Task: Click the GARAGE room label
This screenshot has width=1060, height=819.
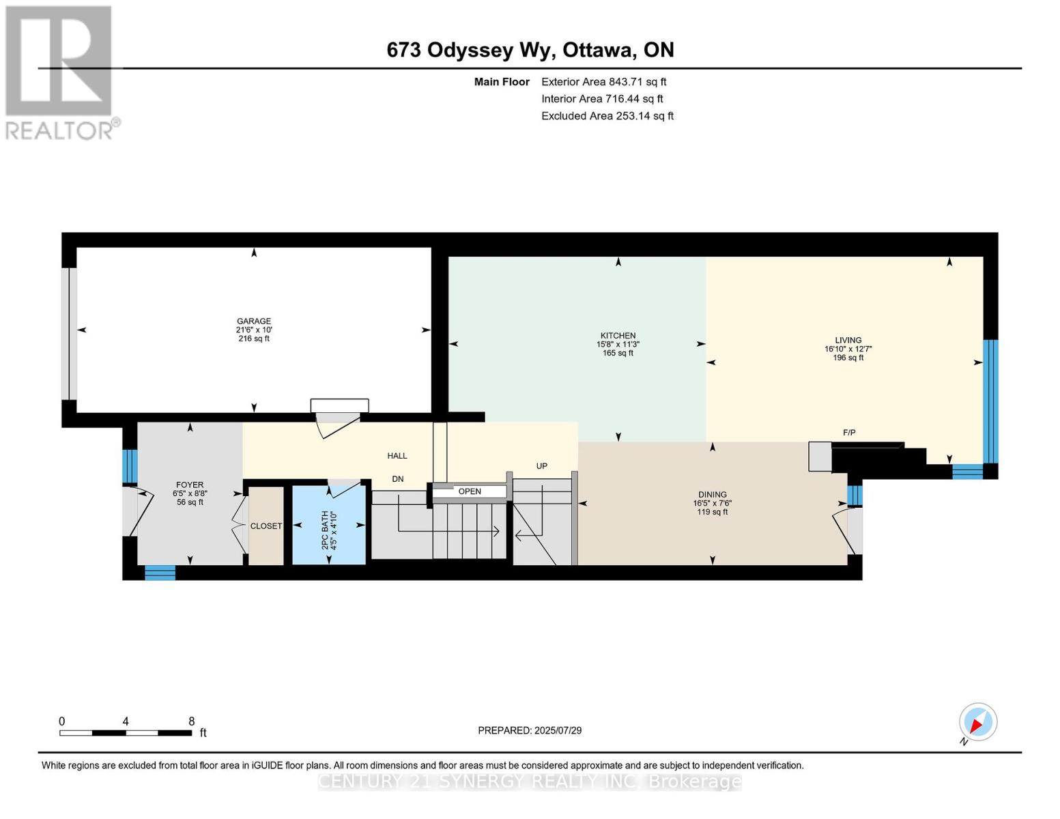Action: point(254,321)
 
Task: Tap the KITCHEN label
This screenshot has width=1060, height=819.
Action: point(618,336)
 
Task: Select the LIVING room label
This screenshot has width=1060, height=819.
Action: point(848,340)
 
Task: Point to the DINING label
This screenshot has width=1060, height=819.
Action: point(712,494)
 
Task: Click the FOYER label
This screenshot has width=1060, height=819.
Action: point(190,485)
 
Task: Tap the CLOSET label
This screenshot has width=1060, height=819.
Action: point(266,526)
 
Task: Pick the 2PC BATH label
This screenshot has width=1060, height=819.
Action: point(325,530)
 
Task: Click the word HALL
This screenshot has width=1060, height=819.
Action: point(397,456)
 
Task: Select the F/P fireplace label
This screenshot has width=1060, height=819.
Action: point(849,433)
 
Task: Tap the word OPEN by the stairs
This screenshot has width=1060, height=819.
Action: point(470,491)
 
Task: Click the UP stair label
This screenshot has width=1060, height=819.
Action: point(541,466)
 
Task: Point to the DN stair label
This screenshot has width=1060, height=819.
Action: point(397,479)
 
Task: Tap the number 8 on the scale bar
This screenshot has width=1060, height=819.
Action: point(192,721)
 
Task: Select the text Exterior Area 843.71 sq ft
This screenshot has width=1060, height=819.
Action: point(603,82)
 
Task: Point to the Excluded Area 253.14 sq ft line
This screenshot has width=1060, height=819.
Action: point(607,116)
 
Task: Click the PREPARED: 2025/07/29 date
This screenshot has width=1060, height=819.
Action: point(530,730)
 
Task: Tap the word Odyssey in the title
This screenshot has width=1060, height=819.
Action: point(470,51)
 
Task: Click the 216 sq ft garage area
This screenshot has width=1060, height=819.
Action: point(254,339)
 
